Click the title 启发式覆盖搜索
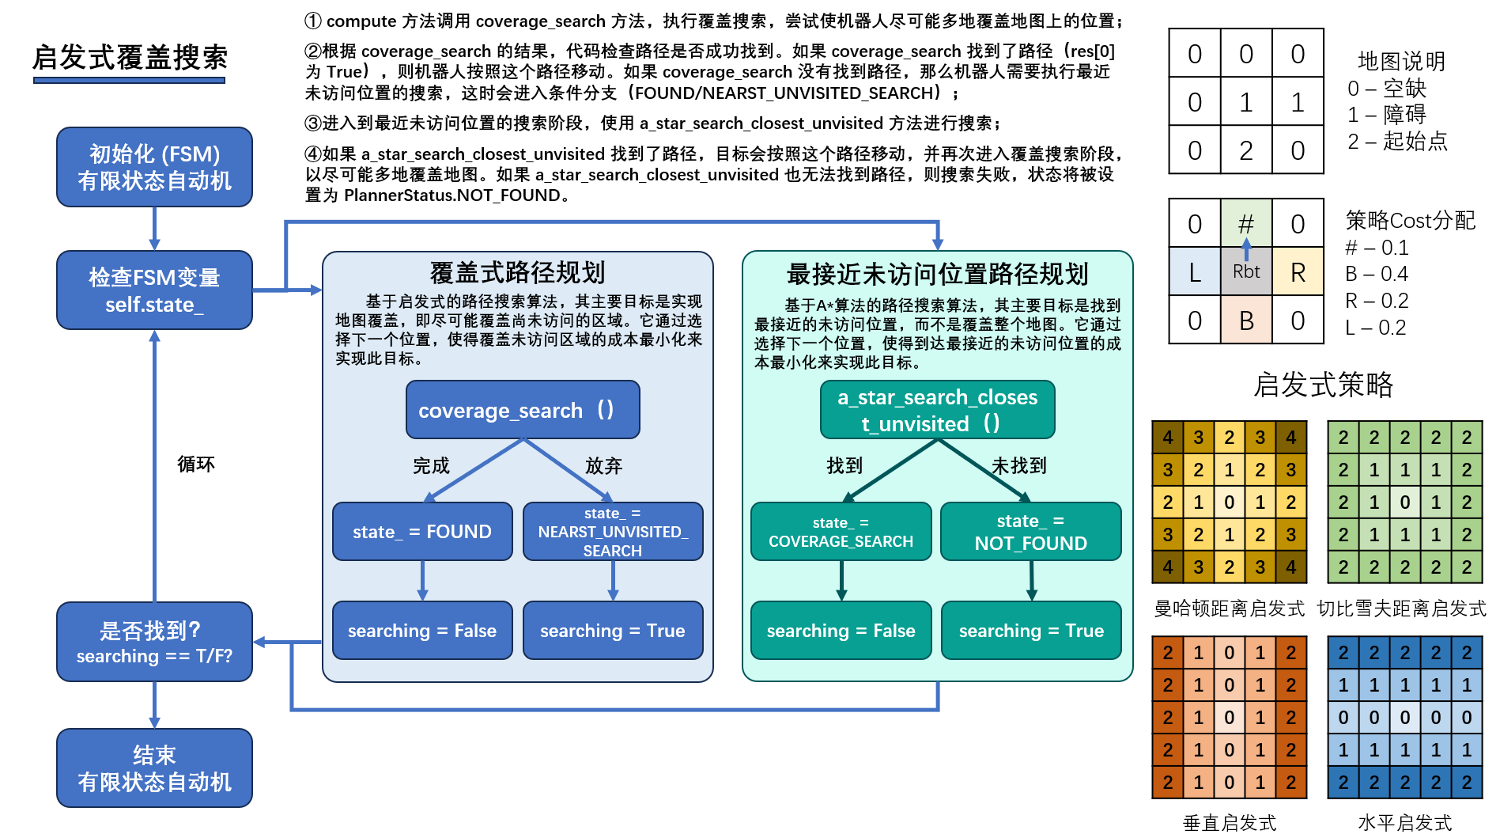(130, 58)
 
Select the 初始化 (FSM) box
(154, 167)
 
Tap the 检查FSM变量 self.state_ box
(154, 290)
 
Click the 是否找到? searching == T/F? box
(154, 642)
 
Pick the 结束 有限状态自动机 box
(154, 768)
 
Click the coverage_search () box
(523, 410)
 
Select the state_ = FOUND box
(422, 532)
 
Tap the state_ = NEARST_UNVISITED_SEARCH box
(613, 532)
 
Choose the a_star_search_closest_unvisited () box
(937, 410)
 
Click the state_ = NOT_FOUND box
(1030, 532)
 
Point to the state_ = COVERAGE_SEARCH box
(841, 532)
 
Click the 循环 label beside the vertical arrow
(195, 464)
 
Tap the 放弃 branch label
(603, 465)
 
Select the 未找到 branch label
(1019, 465)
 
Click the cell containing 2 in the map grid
(1245, 150)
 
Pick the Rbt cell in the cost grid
(1245, 271)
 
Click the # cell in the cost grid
(1245, 223)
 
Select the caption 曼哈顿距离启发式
(1229, 609)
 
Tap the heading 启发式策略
(1323, 385)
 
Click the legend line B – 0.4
(1377, 274)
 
